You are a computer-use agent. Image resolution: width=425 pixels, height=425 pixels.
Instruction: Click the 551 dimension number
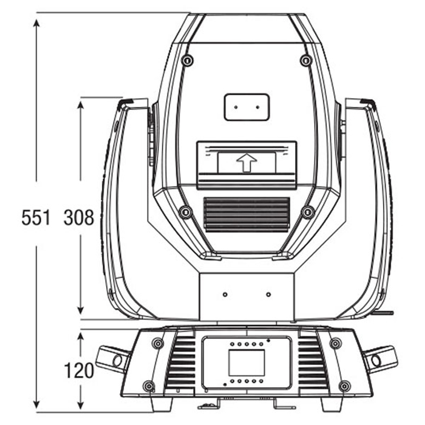[36, 217]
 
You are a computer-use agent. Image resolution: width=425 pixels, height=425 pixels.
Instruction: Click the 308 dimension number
[78, 217]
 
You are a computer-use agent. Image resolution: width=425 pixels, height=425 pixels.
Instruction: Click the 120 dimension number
[78, 370]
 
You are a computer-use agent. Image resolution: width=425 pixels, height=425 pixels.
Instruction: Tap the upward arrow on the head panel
[246, 163]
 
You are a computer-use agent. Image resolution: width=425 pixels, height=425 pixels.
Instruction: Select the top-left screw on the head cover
[188, 59]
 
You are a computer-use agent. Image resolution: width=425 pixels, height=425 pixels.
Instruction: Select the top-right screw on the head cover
[306, 59]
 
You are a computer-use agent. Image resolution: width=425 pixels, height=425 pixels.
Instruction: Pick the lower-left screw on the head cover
[186, 212]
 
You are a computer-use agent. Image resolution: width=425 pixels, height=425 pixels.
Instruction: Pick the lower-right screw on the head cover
[308, 212]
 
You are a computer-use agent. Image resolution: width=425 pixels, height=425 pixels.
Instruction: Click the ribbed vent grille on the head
[246, 215]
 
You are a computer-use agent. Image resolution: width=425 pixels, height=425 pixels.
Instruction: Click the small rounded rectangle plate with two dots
[246, 107]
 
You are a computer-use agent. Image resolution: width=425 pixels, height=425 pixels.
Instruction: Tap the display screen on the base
[246, 363]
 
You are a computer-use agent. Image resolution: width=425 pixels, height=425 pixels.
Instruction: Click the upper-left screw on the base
[157, 344]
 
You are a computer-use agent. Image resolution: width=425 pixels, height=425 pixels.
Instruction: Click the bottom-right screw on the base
[344, 386]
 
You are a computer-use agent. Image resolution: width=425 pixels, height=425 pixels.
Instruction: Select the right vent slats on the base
[313, 362]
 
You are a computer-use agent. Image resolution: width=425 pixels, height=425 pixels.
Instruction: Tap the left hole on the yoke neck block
[225, 294]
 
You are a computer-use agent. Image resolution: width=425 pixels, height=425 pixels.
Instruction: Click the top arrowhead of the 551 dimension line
[36, 23]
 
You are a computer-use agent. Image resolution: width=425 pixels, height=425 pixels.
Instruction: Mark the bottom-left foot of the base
[161, 404]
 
